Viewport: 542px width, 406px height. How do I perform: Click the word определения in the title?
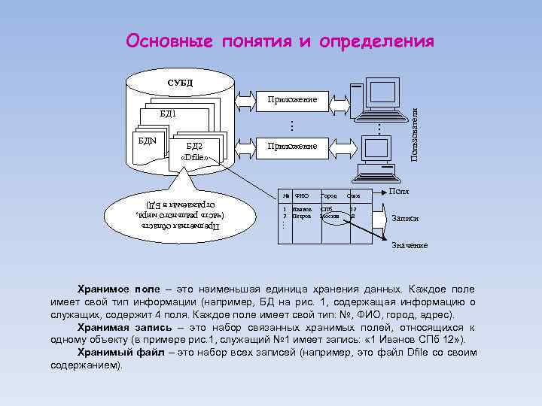pos(376,41)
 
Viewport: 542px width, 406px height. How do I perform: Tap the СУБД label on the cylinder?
pos(180,82)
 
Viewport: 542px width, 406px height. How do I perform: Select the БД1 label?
pos(168,114)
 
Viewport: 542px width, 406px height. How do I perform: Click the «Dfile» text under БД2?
pos(194,158)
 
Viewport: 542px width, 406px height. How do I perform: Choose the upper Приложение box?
pos(293,99)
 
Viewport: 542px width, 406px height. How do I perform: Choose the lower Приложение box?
pos(293,146)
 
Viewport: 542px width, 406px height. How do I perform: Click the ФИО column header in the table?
pos(301,196)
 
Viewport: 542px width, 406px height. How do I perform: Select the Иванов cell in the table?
pos(303,208)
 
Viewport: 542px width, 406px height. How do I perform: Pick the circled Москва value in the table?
pos(330,215)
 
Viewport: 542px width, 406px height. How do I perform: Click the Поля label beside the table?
pos(399,193)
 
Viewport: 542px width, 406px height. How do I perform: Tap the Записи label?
pos(405,218)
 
